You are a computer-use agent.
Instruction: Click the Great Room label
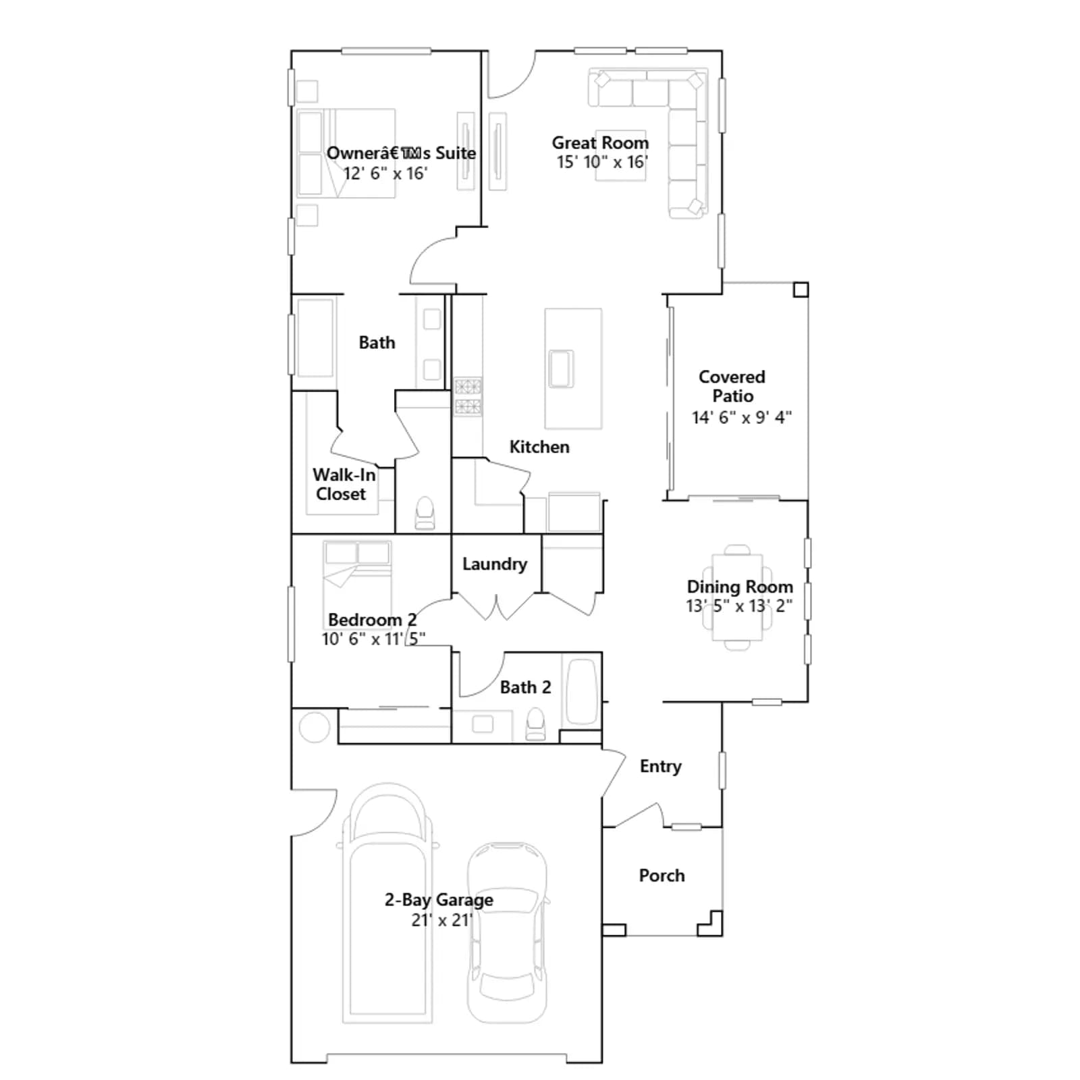(x=600, y=143)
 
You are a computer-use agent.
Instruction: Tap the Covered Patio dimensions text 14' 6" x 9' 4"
(x=741, y=417)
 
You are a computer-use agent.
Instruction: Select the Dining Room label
(x=740, y=587)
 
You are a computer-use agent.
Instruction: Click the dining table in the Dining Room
(x=737, y=597)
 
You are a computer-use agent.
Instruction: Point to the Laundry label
(x=495, y=564)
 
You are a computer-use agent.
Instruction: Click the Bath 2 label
(x=525, y=687)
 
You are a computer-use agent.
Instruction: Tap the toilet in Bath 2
(x=535, y=724)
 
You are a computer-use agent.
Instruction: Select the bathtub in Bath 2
(x=580, y=692)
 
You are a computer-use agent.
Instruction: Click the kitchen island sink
(x=561, y=369)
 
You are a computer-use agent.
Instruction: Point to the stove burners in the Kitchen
(x=468, y=396)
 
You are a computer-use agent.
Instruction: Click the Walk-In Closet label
(x=344, y=484)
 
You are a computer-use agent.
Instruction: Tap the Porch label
(x=661, y=875)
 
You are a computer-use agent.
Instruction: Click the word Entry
(x=660, y=766)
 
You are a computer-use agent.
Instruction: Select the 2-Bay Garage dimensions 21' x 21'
(x=442, y=920)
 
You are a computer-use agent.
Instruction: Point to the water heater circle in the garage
(x=314, y=727)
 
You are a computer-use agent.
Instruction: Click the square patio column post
(x=801, y=290)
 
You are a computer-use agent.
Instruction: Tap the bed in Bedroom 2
(x=357, y=577)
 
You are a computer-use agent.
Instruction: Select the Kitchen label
(x=539, y=447)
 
